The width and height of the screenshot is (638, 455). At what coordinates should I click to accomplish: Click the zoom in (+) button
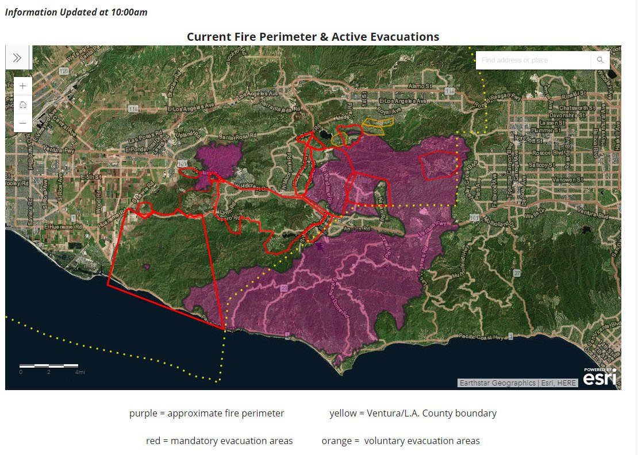[22, 86]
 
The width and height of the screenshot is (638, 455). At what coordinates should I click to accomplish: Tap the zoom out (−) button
[22, 123]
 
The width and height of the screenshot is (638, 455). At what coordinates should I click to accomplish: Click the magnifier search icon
[600, 60]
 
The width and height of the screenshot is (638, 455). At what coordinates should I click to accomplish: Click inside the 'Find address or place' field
[532, 60]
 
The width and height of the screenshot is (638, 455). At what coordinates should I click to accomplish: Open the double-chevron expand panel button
[17, 57]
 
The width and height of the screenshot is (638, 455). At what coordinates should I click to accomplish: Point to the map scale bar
[49, 365]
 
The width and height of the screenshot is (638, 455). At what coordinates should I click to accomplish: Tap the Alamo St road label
[419, 86]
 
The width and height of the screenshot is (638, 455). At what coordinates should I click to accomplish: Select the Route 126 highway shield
[63, 71]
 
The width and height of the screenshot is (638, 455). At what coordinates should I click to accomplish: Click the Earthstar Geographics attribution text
[497, 383]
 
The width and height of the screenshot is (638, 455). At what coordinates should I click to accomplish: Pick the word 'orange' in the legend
[336, 441]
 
